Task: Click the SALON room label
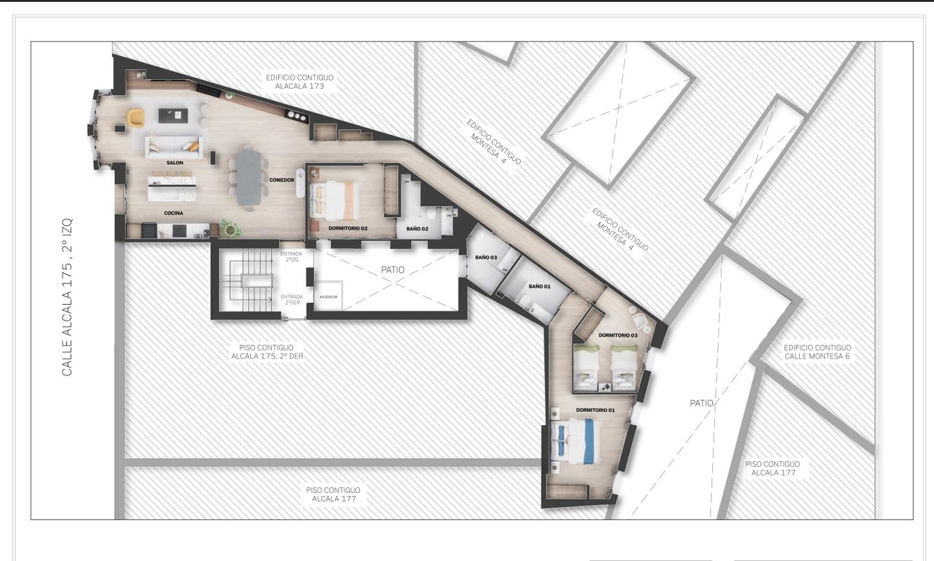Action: point(174,163)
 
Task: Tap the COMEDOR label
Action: point(282,180)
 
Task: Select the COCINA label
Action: point(173,213)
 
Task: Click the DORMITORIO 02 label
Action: point(348,228)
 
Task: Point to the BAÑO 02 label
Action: point(418,228)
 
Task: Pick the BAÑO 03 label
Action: point(486,257)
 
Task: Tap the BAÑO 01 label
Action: point(540,286)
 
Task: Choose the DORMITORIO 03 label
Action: point(618,335)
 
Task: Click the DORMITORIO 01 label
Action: point(595,410)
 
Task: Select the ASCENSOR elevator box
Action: point(329,296)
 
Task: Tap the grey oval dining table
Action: point(249,177)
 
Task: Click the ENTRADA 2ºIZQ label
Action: point(291,256)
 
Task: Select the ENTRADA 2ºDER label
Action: point(291,300)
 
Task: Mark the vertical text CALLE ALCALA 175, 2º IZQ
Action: point(67,297)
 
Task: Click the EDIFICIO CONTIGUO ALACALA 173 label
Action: point(300,82)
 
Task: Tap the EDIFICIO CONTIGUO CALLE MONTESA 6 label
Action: point(817,352)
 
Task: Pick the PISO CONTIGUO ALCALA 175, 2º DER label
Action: point(267,352)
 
